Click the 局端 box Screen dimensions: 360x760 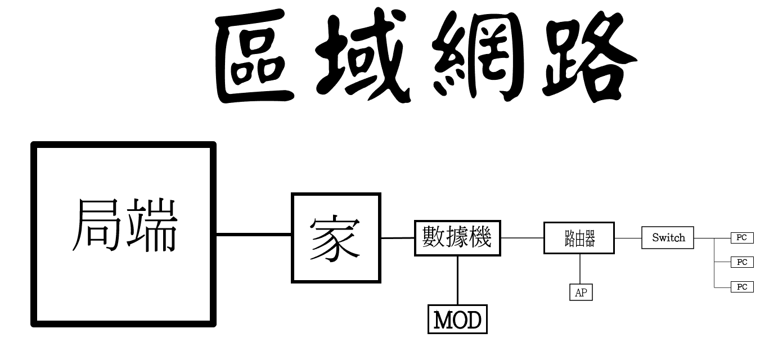pos(124,234)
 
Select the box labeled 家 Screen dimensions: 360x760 pos(336,238)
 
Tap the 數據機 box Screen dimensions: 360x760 pos(457,238)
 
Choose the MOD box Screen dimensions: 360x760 pos(457,319)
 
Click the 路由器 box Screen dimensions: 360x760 pos(579,238)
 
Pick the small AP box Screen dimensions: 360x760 pos(581,292)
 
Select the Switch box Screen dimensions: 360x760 pos(668,238)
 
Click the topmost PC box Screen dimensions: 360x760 pos(741,238)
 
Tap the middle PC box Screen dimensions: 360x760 pos(741,262)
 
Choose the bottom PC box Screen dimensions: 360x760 pos(741,287)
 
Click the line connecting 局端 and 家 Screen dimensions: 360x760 pos(253,234)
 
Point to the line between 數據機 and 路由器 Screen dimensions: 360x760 pos(522,238)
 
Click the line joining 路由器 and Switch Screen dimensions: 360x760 pos(628,238)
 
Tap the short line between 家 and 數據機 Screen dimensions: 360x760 pos(398,238)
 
